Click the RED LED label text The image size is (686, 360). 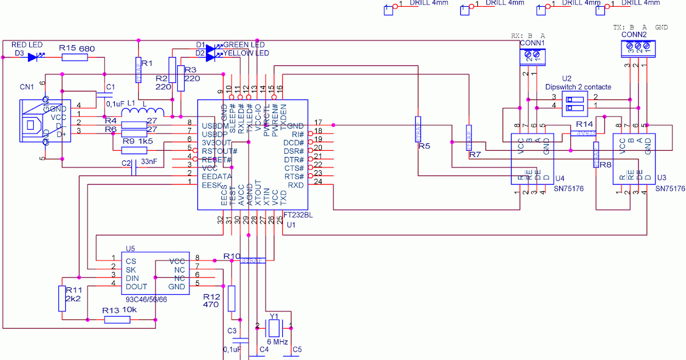[x=27, y=45]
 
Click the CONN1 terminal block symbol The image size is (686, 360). [x=532, y=55]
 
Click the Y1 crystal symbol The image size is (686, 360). [x=274, y=327]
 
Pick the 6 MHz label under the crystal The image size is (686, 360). [x=277, y=342]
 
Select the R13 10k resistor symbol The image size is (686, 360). [x=117, y=320]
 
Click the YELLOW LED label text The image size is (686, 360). [x=246, y=53]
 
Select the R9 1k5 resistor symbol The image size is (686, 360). [x=134, y=150]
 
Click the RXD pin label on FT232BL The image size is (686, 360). [x=295, y=185]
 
